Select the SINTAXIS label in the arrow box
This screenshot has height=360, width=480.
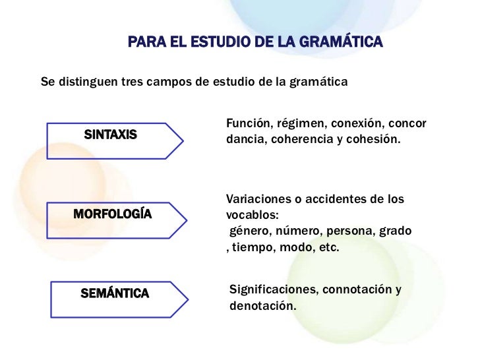coord(111,135)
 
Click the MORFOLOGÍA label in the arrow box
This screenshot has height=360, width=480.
coord(112,214)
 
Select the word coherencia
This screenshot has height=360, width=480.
coord(310,140)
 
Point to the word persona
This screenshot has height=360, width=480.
coord(355,232)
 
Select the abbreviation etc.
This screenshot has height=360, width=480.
coord(328,249)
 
